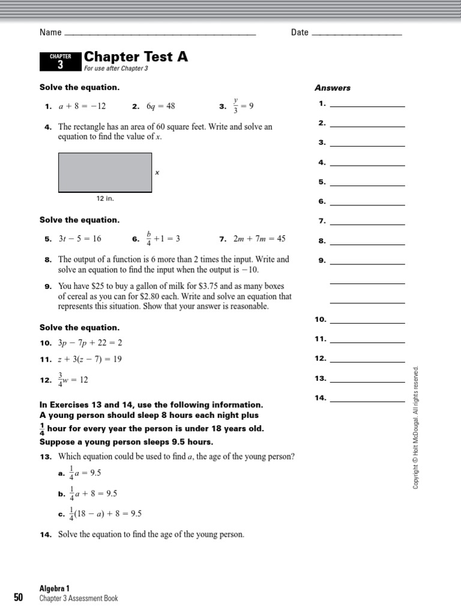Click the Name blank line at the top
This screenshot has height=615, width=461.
point(159,34)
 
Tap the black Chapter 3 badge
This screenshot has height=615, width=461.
point(60,61)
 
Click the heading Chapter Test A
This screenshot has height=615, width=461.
point(136,56)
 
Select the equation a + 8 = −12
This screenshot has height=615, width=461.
point(82,106)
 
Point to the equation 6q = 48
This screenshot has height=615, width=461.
point(161,106)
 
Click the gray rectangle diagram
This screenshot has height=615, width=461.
point(105,172)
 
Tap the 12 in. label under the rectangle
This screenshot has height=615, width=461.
point(105,198)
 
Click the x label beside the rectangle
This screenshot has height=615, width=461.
point(157,172)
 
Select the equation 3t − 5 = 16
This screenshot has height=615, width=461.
point(80,238)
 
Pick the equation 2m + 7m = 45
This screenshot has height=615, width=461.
point(259,238)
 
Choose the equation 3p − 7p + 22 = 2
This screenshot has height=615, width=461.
point(89,343)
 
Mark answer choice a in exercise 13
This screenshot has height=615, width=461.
point(86,473)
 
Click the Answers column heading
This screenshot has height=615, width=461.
point(333,88)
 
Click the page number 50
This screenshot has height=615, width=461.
point(18,597)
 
